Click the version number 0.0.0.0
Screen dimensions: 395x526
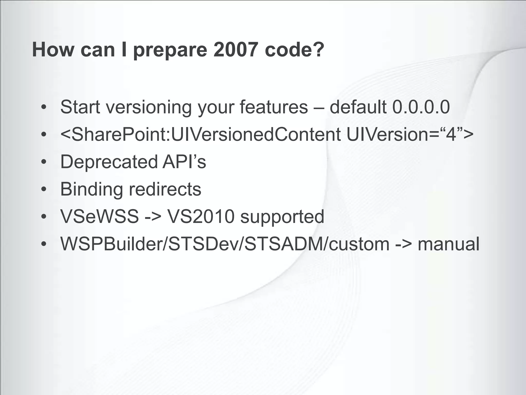point(421,107)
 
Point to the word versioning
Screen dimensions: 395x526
point(149,107)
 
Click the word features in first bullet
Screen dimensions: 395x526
point(274,107)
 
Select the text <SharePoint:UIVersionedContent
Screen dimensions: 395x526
point(200,134)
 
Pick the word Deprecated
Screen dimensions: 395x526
point(109,162)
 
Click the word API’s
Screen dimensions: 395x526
point(184,162)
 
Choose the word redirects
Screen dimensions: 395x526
point(165,189)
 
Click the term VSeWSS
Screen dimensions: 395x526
point(99,217)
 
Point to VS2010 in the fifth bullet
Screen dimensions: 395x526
point(201,217)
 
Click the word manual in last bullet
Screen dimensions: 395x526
point(448,244)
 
